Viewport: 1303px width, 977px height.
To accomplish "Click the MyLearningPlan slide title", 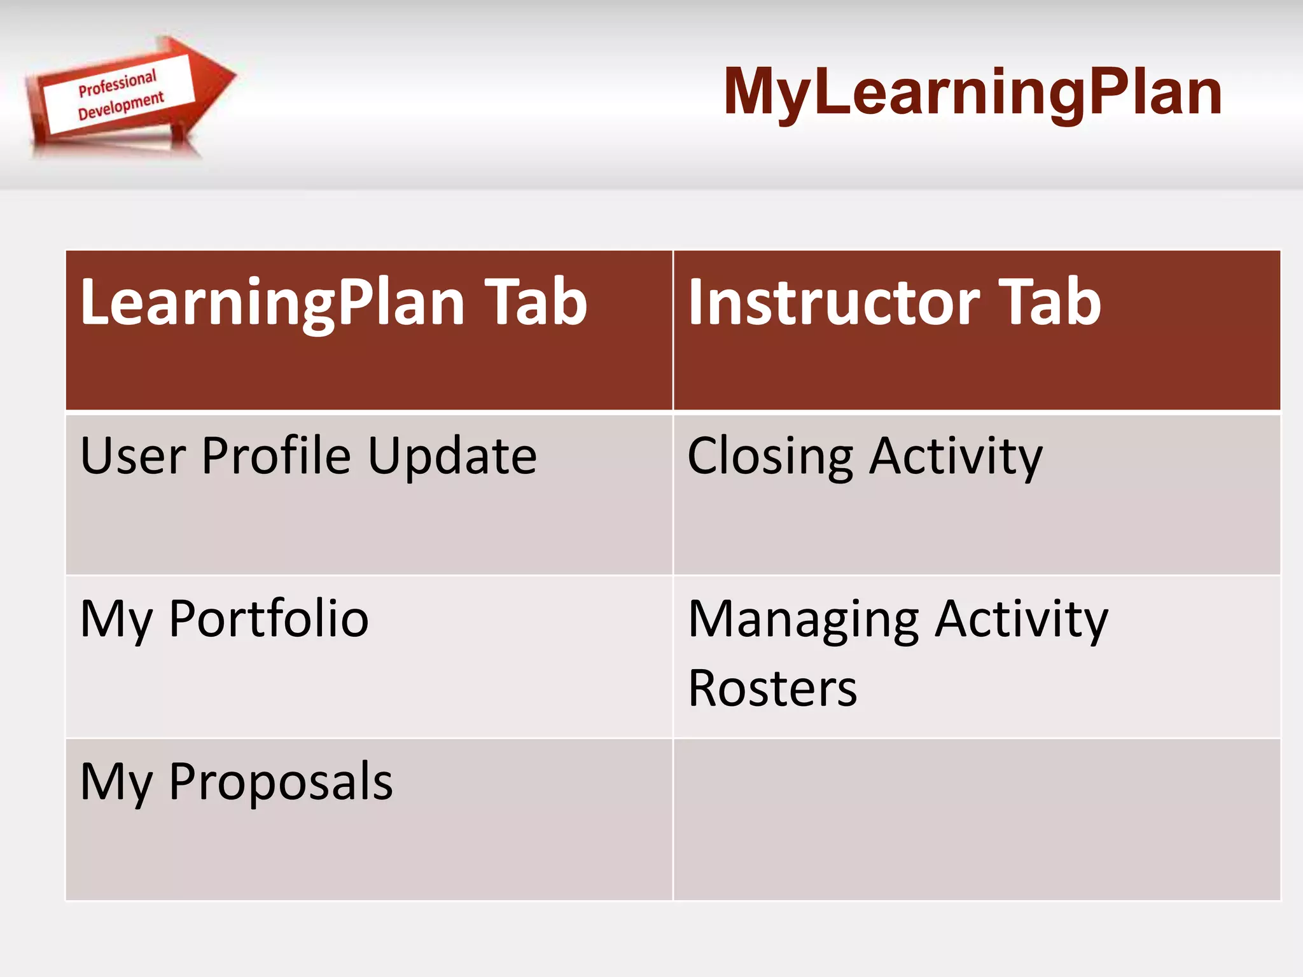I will [x=972, y=93].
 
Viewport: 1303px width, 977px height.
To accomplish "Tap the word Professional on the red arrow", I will [x=117, y=84].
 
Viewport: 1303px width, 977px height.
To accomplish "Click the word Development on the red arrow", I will [x=121, y=106].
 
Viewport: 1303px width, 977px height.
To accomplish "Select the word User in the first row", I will [x=133, y=456].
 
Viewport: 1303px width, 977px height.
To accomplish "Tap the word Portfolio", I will [x=268, y=619].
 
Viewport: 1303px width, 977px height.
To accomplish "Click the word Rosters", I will [x=772, y=689].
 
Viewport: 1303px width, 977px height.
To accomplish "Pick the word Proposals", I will [x=281, y=782].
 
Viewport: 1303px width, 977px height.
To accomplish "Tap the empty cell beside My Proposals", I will [x=976, y=819].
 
